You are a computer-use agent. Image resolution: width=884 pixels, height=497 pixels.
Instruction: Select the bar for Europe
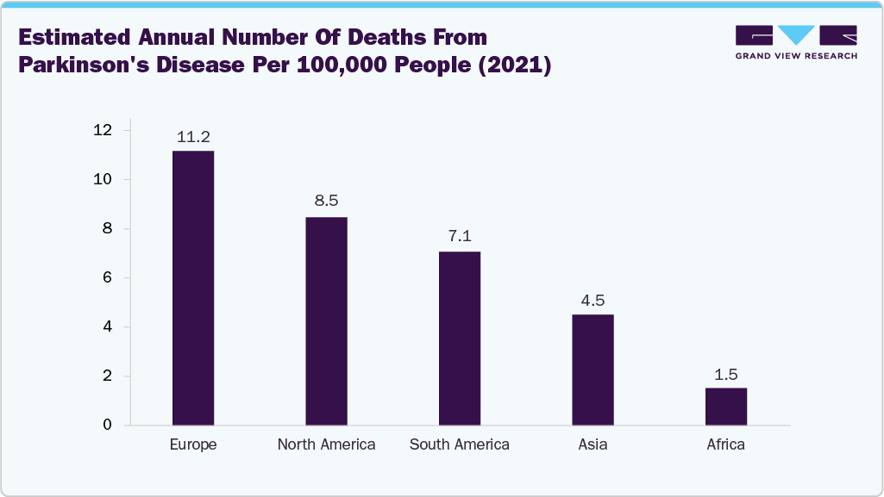pyautogui.click(x=193, y=288)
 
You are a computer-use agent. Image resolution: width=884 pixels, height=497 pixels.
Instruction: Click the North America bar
pyautogui.click(x=326, y=321)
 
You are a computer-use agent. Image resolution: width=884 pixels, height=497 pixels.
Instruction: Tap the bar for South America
pyautogui.click(x=460, y=339)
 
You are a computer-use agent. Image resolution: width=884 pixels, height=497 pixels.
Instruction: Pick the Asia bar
pyautogui.click(x=592, y=370)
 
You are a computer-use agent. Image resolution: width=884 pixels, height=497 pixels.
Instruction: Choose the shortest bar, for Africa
pyautogui.click(x=726, y=407)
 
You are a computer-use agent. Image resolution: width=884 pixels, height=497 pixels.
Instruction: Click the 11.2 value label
pyautogui.click(x=193, y=136)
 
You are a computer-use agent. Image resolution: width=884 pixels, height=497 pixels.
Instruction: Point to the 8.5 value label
pyautogui.click(x=326, y=201)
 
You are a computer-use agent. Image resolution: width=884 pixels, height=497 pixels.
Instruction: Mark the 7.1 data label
pyautogui.click(x=460, y=236)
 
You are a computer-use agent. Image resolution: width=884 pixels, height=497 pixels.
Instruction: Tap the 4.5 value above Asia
pyautogui.click(x=592, y=300)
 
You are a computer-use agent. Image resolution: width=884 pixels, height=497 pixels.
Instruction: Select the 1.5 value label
pyautogui.click(x=726, y=375)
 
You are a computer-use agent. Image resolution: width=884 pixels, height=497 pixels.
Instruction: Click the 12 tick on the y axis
pyautogui.click(x=103, y=130)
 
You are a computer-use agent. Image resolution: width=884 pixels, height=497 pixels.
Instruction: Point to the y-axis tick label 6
pyautogui.click(x=108, y=278)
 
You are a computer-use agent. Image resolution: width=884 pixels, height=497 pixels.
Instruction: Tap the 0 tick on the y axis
pyautogui.click(x=108, y=426)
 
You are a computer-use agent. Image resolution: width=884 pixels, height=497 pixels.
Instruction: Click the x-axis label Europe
pyautogui.click(x=193, y=445)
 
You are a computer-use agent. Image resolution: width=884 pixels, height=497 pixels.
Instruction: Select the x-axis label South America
pyautogui.click(x=460, y=445)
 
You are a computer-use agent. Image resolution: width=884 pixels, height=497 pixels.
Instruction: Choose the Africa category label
pyautogui.click(x=726, y=445)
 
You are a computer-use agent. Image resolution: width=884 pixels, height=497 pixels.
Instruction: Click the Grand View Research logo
pyautogui.click(x=796, y=42)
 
